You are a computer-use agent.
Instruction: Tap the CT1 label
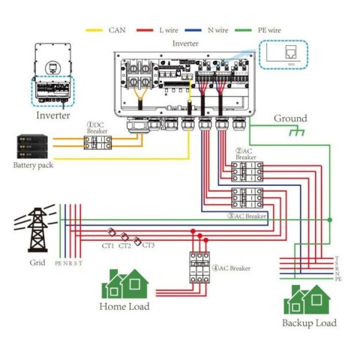coord(108,246)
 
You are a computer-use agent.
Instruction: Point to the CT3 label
coord(148,245)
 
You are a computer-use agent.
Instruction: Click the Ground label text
coord(290,118)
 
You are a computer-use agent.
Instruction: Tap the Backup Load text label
coord(309,323)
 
